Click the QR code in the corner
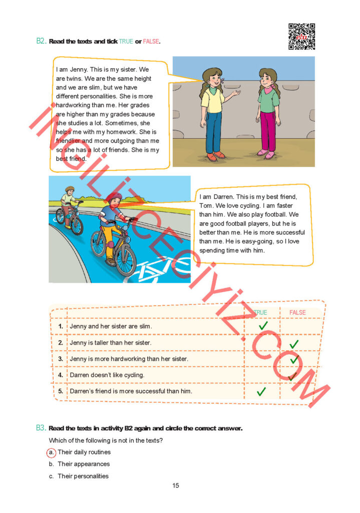pyautogui.click(x=301, y=37)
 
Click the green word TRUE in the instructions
pyautogui.click(x=126, y=41)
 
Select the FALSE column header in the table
pyautogui.click(x=297, y=313)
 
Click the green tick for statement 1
pyautogui.click(x=263, y=326)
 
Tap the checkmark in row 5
pyautogui.click(x=261, y=391)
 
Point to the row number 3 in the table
pyautogui.click(x=60, y=359)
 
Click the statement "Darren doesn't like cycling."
pyautogui.click(x=107, y=375)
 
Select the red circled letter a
pyautogui.click(x=51, y=452)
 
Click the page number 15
pyautogui.click(x=175, y=485)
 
